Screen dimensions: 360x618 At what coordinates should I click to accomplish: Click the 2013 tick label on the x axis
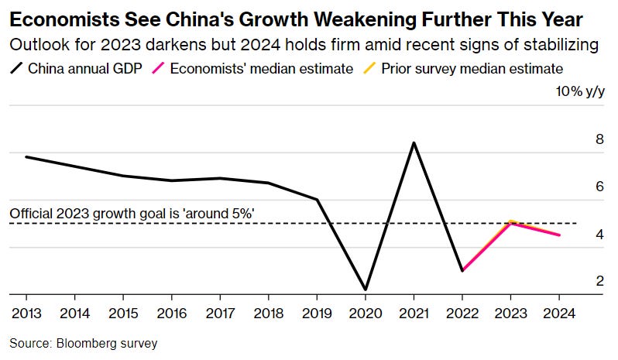pyautogui.click(x=26, y=314)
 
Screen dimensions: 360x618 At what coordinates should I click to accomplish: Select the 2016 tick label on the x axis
pyautogui.click(x=171, y=314)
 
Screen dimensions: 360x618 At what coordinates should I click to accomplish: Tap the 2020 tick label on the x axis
pyautogui.click(x=365, y=314)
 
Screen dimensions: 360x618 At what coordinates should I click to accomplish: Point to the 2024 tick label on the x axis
pyautogui.click(x=559, y=314)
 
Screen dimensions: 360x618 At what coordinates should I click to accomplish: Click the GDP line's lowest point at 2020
pyautogui.click(x=365, y=290)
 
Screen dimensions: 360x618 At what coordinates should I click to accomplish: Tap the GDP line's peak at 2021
pyautogui.click(x=414, y=142)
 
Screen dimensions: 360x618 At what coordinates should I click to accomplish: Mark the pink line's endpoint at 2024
pyautogui.click(x=559, y=235)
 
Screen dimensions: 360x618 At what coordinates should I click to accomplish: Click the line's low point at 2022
pyautogui.click(x=462, y=270)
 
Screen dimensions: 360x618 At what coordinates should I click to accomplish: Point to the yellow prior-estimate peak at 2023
pyautogui.click(x=510, y=221)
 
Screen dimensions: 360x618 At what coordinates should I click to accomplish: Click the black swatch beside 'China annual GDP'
pyautogui.click(x=17, y=67)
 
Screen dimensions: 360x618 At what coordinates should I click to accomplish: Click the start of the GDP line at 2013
pyautogui.click(x=26, y=157)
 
